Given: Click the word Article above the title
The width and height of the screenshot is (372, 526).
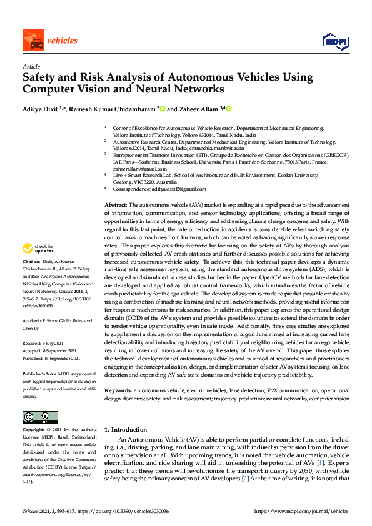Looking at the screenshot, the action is click(x=31, y=66).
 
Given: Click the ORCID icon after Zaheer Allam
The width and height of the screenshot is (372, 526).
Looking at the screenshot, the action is click(x=229, y=109).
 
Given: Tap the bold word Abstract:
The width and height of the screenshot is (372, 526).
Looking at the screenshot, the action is click(x=116, y=206).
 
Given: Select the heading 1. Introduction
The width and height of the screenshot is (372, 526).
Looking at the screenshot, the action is click(x=125, y=430).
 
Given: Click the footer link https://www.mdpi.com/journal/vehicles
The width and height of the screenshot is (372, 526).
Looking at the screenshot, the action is click(x=302, y=511).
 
